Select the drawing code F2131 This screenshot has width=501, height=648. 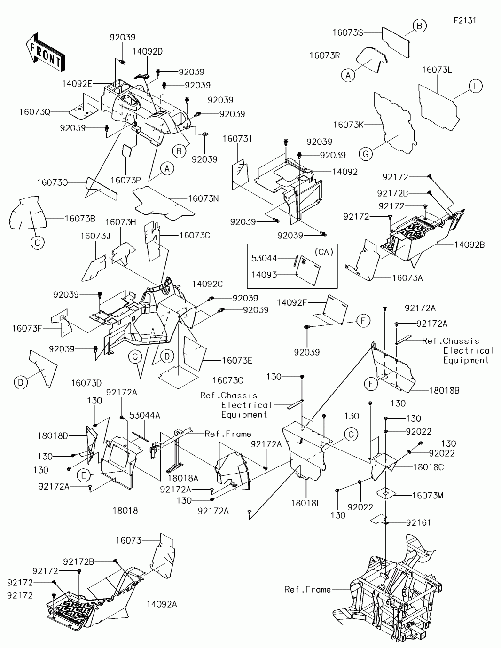pyautogui.click(x=465, y=21)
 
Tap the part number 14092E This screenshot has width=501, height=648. pyautogui.click(x=77, y=84)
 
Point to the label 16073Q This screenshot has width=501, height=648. pyautogui.click(x=35, y=112)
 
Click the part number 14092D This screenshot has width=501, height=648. pyautogui.click(x=148, y=52)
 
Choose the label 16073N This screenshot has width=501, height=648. pyautogui.click(x=203, y=198)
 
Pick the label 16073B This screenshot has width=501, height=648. pyautogui.click(x=80, y=219)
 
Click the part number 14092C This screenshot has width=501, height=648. pyautogui.click(x=207, y=284)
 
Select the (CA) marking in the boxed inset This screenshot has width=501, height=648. pyautogui.click(x=324, y=252)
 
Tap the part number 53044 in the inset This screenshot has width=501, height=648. pyautogui.click(x=264, y=258)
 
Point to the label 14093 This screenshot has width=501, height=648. pyautogui.click(x=264, y=275)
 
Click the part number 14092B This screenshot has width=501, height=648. pyautogui.click(x=470, y=245)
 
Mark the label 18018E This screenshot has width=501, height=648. pyautogui.click(x=306, y=503)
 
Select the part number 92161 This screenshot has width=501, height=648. pyautogui.click(x=419, y=522)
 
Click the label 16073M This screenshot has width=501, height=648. pyautogui.click(x=428, y=496)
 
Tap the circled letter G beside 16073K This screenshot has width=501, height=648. pyautogui.click(x=366, y=154)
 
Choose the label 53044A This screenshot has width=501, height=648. pyautogui.click(x=145, y=415)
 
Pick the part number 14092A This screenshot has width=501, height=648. pyautogui.click(x=162, y=604)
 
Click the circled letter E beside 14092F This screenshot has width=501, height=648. pyautogui.click(x=363, y=321)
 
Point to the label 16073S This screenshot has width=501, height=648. pyautogui.click(x=348, y=32)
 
